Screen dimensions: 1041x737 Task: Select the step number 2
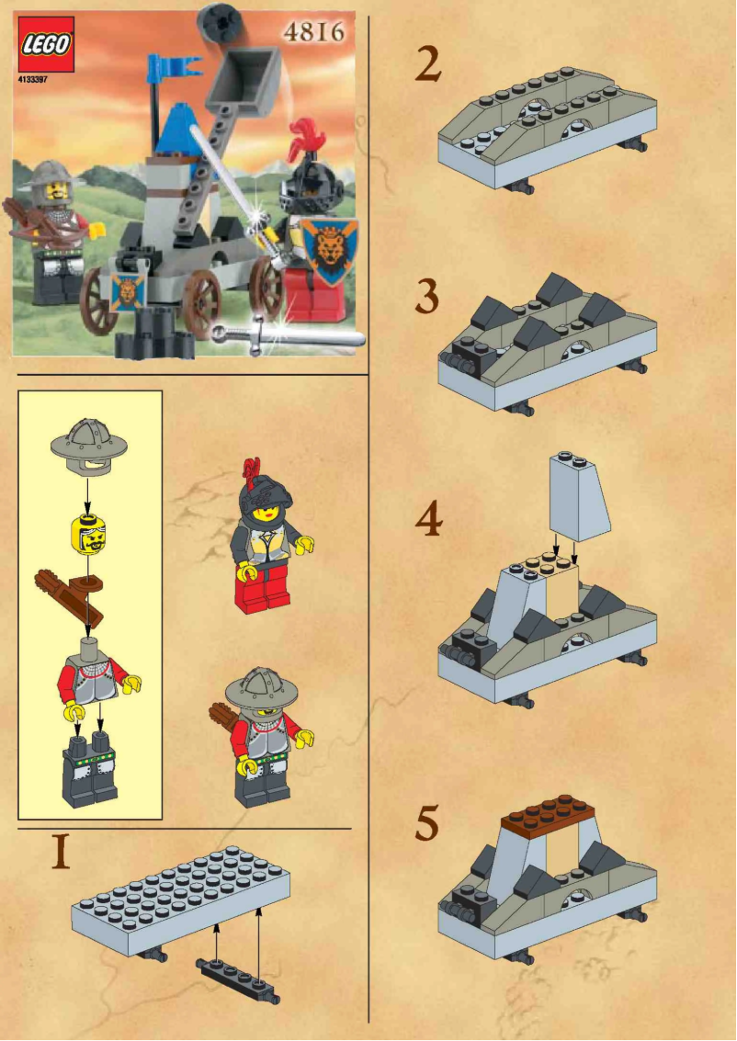click(427, 65)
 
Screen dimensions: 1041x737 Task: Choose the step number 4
click(427, 521)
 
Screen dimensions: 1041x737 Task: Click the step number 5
click(427, 823)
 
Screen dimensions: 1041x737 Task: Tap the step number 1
click(61, 852)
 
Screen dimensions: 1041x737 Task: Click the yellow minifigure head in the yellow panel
click(89, 533)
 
